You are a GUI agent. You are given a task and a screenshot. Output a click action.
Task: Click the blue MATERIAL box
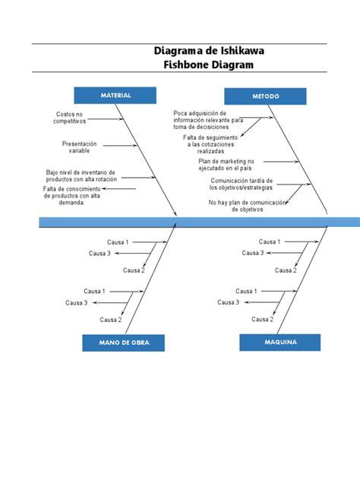tap(115, 95)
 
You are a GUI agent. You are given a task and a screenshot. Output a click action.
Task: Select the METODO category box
tap(265, 96)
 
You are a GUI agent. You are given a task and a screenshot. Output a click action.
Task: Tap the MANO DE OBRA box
tap(124, 343)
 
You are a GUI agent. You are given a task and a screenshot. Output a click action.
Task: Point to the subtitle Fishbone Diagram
tap(209, 65)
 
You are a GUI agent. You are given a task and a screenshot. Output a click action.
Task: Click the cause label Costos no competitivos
tap(69, 118)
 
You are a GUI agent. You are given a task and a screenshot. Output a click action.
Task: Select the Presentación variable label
tap(79, 147)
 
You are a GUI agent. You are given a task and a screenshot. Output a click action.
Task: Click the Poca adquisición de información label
tap(207, 120)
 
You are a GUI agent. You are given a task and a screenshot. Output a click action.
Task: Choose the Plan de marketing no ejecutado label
tap(226, 165)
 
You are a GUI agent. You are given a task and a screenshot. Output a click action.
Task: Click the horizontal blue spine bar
tap(197, 223)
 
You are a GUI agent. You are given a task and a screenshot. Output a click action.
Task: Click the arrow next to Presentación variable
tap(118, 144)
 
